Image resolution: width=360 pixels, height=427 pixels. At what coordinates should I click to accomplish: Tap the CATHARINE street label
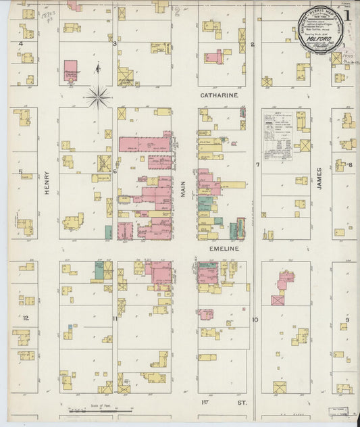pos(220,96)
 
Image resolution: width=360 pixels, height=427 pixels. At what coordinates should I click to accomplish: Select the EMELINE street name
pos(220,249)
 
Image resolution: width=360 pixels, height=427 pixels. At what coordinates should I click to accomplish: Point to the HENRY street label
pos(47,182)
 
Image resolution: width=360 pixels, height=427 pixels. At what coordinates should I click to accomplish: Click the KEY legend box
pos(278,136)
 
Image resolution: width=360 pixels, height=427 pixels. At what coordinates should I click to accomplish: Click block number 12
pos(26,318)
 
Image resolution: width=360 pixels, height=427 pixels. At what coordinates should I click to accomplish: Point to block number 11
pos(115,318)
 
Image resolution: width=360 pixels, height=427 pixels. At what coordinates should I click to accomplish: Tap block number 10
pos(255,319)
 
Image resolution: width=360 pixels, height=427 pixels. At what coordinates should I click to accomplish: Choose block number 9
pos(348,319)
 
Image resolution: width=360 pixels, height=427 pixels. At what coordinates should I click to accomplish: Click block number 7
pos(257,164)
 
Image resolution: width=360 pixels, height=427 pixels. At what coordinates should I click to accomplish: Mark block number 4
pos(21,44)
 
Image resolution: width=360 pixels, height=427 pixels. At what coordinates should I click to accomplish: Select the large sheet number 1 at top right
pos(346,14)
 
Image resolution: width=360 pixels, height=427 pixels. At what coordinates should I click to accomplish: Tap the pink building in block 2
pos(215,57)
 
